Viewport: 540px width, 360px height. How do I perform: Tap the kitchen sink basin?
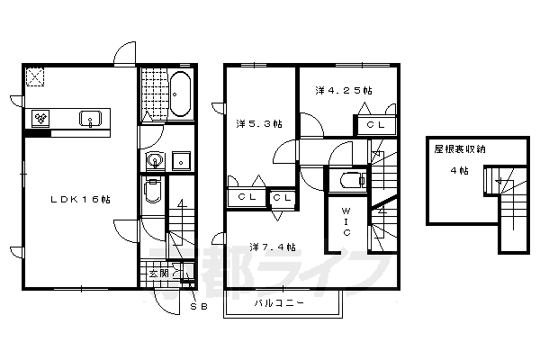tap(91, 119)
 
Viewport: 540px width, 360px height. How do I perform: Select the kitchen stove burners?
tap(41, 118)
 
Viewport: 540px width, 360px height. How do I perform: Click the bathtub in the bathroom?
tap(178, 95)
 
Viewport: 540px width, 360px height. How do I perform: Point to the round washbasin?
tap(155, 162)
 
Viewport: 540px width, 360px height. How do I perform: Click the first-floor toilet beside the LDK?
tap(152, 192)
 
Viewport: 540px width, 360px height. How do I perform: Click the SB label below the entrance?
tap(201, 305)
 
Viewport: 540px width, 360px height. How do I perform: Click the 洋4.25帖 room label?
tap(344, 91)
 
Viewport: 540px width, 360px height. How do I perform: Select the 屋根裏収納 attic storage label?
tap(460, 150)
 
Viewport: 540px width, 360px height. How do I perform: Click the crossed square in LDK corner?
tap(37, 77)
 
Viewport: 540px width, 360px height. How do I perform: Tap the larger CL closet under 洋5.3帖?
tap(246, 196)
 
